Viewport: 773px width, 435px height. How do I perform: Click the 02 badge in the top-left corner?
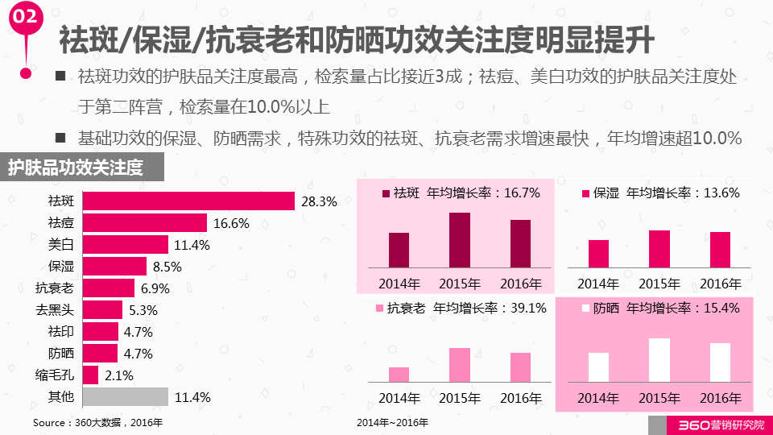coord(26,17)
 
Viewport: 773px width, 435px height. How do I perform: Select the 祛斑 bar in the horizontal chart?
coord(188,201)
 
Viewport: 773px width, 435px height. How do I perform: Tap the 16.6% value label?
coord(231,223)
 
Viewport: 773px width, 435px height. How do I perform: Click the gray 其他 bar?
coord(126,396)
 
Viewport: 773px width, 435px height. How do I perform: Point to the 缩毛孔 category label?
coord(58,375)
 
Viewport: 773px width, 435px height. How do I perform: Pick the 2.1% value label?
coord(118,375)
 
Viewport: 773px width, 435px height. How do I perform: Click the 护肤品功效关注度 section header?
coord(76,168)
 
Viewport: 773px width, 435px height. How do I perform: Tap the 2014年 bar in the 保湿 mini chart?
coord(598,253)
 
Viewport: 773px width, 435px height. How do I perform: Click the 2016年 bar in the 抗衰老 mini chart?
coord(520,367)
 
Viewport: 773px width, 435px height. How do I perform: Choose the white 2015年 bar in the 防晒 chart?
coord(659,360)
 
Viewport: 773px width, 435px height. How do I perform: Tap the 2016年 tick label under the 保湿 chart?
coord(721,284)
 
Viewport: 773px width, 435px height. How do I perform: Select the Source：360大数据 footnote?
coord(97,422)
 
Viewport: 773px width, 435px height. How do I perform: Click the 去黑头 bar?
coord(103,310)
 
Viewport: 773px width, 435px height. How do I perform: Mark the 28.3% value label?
coord(318,201)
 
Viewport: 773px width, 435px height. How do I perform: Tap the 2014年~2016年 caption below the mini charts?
coord(393,422)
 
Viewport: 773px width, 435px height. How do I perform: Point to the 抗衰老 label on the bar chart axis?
coord(55,288)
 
